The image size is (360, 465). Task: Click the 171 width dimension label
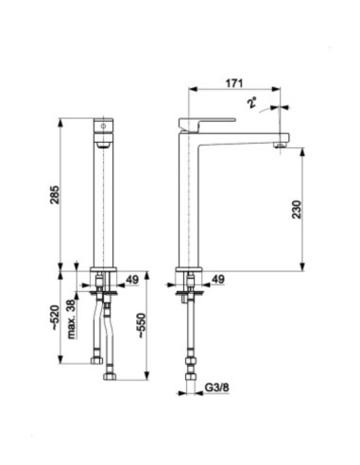(x=234, y=83)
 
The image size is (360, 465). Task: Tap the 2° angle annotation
(x=252, y=103)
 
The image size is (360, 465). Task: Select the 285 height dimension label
(x=55, y=195)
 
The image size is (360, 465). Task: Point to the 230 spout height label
(x=297, y=209)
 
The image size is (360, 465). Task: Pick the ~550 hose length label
(x=142, y=325)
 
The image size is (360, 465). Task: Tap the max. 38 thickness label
(x=72, y=319)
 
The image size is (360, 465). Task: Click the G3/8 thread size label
(x=217, y=387)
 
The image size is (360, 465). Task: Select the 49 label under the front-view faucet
(x=132, y=280)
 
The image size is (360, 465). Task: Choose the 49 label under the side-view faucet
(x=218, y=279)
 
